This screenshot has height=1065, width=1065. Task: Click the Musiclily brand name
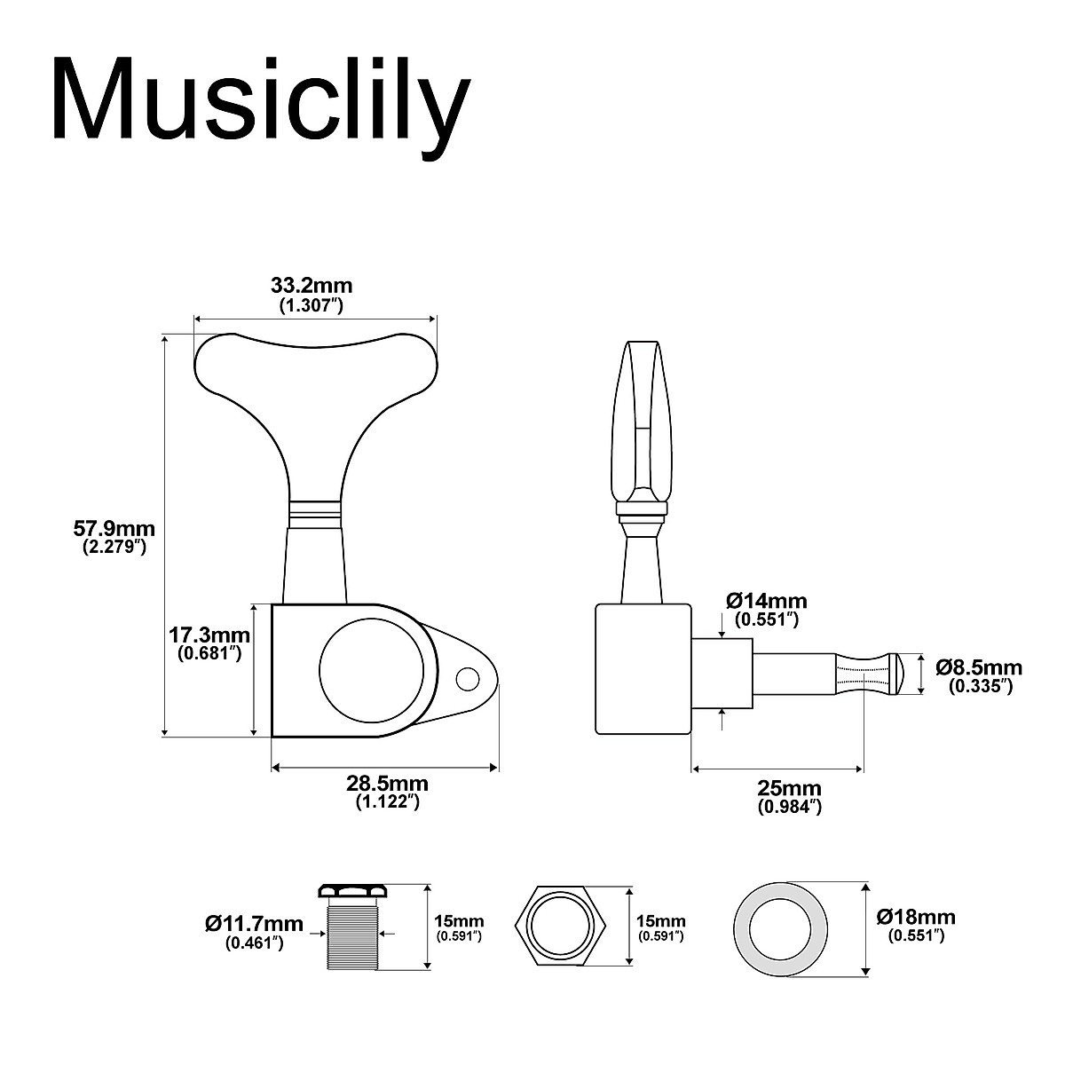point(259,99)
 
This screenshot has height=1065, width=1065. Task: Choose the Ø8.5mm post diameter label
point(978,675)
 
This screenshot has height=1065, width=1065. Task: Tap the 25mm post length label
point(789,796)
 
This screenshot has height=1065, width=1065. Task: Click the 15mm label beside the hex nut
point(660,928)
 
